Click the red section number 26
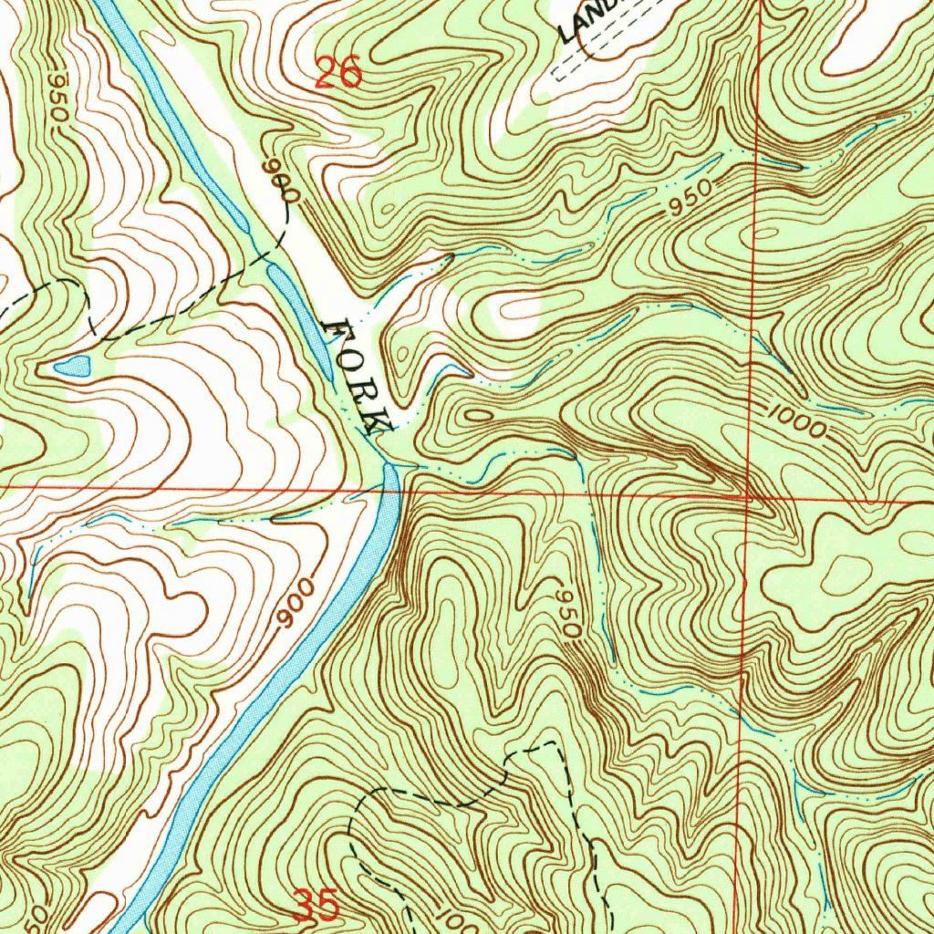[337, 71]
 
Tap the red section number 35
[317, 906]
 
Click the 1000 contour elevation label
[796, 422]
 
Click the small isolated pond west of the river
[73, 367]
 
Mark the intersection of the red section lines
[749, 498]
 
